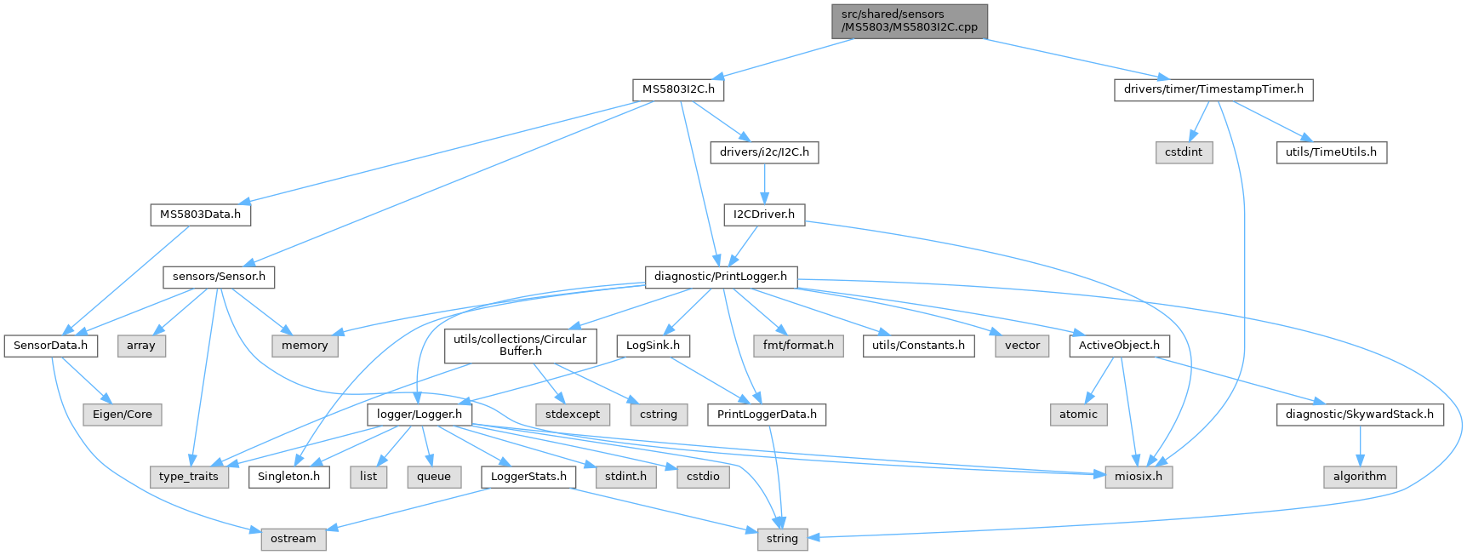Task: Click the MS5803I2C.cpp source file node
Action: point(910,21)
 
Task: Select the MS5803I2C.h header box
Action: point(678,89)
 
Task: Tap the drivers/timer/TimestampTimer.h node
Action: point(1213,89)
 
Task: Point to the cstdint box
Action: point(1184,152)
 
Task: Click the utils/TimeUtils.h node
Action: point(1331,152)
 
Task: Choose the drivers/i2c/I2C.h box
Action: point(764,152)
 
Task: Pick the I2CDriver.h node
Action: point(764,215)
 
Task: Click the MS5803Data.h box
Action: point(201,215)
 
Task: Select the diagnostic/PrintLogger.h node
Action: point(721,277)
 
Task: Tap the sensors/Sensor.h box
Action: point(219,277)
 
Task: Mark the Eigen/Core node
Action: point(123,415)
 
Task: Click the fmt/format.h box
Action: point(798,346)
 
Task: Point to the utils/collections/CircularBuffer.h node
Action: point(520,345)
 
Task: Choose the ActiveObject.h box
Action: point(1119,346)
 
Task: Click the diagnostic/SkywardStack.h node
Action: point(1360,415)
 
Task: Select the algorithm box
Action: point(1360,477)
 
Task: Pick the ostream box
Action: point(294,539)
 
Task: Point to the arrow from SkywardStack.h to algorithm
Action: point(1360,446)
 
